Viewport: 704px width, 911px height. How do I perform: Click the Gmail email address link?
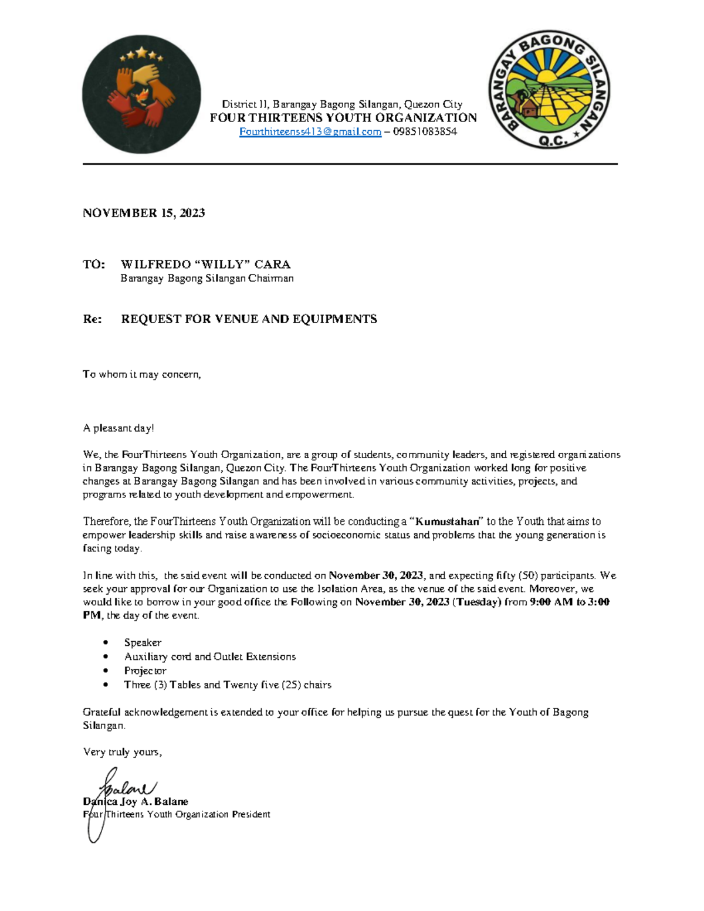[310, 132]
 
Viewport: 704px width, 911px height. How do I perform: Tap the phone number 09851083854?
[425, 132]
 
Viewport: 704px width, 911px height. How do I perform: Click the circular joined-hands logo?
[141, 94]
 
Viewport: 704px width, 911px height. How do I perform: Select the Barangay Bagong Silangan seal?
[549, 90]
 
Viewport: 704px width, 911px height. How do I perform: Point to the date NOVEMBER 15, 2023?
[144, 213]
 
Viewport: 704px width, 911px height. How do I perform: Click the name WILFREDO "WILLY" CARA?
[205, 265]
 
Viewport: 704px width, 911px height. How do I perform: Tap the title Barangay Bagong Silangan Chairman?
[207, 279]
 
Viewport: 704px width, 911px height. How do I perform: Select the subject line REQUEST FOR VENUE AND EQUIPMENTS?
[249, 319]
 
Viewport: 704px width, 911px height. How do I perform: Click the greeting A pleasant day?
[119, 428]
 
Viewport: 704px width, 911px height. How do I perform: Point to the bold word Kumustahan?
[447, 521]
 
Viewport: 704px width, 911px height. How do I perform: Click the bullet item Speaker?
[143, 643]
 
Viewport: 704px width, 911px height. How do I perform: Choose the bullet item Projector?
[145, 670]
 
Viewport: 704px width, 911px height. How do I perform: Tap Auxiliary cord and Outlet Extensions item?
[209, 657]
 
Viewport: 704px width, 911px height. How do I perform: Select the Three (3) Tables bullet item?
[228, 685]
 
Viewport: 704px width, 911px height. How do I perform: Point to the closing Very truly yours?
[122, 752]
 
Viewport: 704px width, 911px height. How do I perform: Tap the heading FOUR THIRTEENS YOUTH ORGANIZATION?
[343, 118]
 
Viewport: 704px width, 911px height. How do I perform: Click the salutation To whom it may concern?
[141, 374]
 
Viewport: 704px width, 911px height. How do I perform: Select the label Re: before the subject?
[92, 319]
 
